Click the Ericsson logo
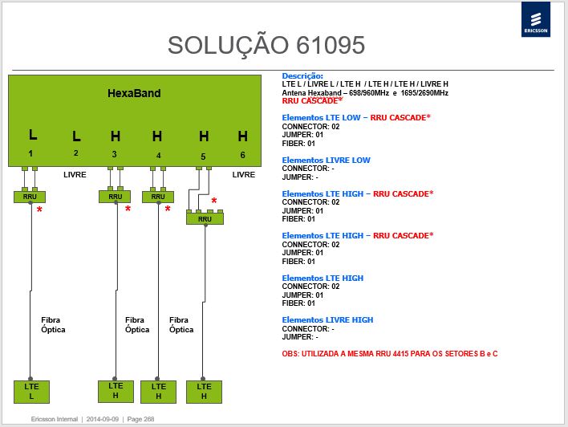point(536,19)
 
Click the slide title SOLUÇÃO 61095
point(266,45)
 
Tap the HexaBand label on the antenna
point(134,93)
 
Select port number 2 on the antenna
point(75,153)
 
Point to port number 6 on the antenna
point(243,155)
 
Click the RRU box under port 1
point(30,197)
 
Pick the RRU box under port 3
point(115,197)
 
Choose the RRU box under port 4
point(158,197)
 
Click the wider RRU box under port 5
point(205,219)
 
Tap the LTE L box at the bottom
point(31,392)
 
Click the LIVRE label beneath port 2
point(75,175)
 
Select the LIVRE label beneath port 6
point(244,175)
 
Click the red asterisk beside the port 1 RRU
point(39,209)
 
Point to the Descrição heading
point(302,76)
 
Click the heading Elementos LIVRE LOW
point(326,161)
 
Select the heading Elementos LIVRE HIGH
point(327,320)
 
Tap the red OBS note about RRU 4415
point(390,354)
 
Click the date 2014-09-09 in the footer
point(103,419)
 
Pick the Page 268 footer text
point(140,419)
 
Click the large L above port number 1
point(33,135)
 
